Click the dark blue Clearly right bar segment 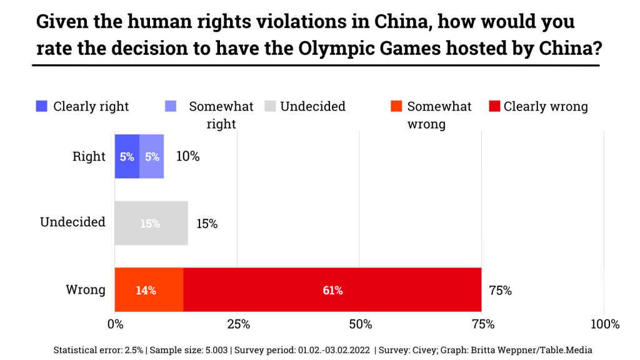[x=127, y=156]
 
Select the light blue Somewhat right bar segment [x=152, y=156]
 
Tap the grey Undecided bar [x=151, y=223]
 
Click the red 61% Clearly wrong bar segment [x=332, y=290]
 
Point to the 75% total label [x=500, y=290]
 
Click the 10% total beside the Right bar [x=187, y=156]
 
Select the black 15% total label [x=207, y=223]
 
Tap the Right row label [x=89, y=156]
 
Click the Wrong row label [x=86, y=290]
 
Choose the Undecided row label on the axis [x=72, y=222]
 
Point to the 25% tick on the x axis [x=238, y=324]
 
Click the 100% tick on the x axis [x=604, y=324]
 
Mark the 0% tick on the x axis [x=115, y=324]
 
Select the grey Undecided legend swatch [x=270, y=106]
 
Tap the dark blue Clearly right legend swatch [x=42, y=106]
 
